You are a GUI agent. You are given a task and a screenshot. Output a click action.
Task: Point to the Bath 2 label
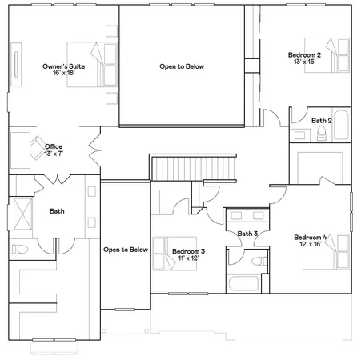pyautogui.click(x=321, y=121)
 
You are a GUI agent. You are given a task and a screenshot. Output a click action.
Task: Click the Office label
pyautogui.click(x=54, y=146)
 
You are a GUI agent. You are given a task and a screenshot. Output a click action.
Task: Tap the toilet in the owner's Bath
pyautogui.click(x=19, y=250)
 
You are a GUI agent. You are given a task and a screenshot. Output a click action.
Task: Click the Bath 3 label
pyautogui.click(x=247, y=234)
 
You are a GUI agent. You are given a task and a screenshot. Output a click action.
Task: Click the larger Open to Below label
pyautogui.click(x=182, y=66)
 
